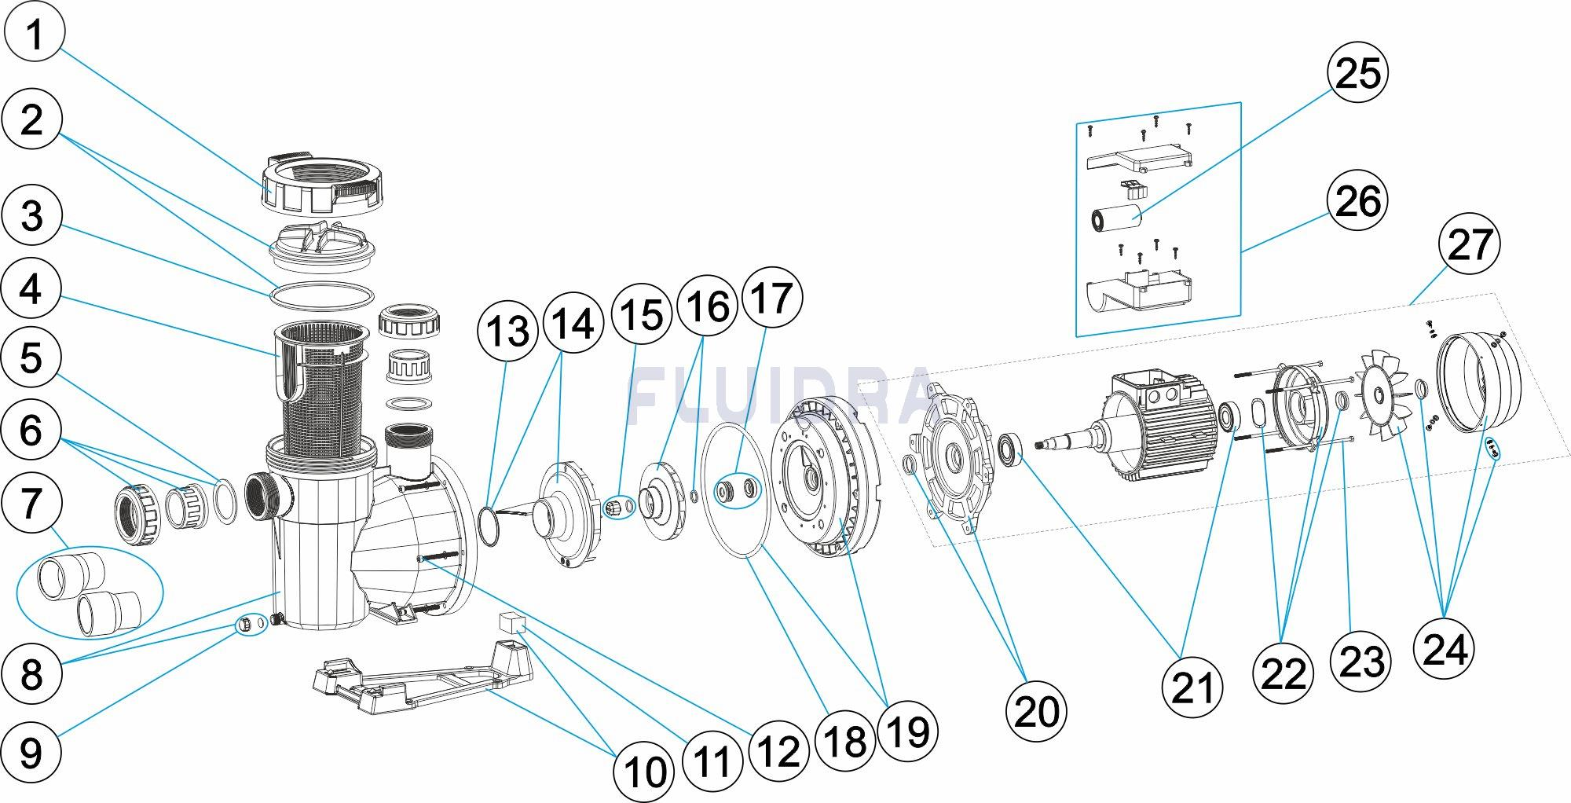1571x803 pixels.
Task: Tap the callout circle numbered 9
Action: [31, 752]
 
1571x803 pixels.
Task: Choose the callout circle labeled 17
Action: [772, 298]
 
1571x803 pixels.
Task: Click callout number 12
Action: [778, 751]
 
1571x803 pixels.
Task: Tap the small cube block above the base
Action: [511, 623]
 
